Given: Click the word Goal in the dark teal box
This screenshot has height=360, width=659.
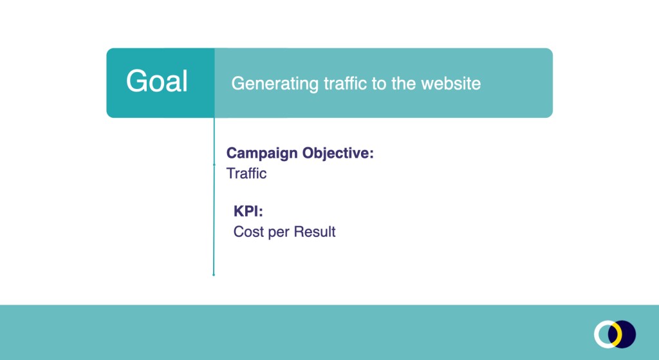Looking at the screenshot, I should click(x=157, y=82).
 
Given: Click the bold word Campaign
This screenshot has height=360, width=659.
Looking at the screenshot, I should click(x=262, y=154).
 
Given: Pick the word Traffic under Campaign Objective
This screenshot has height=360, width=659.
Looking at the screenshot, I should click(x=246, y=173).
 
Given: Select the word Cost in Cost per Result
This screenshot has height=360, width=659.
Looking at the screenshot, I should click(x=248, y=232).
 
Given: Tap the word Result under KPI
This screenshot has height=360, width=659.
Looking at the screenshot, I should click(x=315, y=232).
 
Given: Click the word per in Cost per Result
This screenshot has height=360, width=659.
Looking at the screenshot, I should click(x=279, y=232).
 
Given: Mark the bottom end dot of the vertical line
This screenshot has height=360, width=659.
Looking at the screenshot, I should click(x=214, y=275).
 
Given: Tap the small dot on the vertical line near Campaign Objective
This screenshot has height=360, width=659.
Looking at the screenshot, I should click(x=214, y=165).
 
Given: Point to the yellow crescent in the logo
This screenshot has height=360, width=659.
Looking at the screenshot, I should click(x=618, y=334).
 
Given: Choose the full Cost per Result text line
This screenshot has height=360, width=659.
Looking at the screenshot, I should click(x=284, y=232).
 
